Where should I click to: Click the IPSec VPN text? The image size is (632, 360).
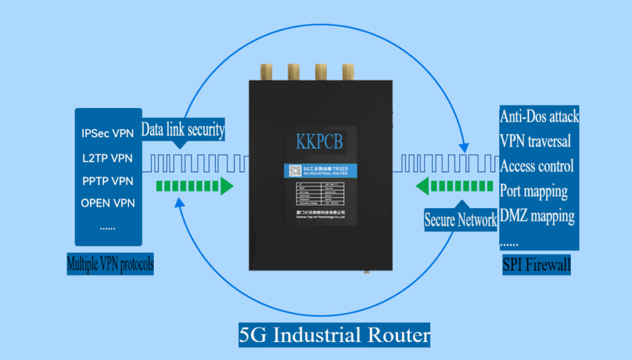(x=107, y=133)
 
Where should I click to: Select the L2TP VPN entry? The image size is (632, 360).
(x=107, y=158)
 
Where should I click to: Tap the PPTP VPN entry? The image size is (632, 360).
(x=107, y=181)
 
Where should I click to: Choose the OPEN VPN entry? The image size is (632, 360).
(x=107, y=203)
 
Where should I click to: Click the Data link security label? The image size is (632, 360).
(x=183, y=130)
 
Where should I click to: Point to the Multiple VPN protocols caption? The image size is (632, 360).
(x=110, y=264)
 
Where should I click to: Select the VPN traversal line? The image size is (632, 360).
(x=535, y=141)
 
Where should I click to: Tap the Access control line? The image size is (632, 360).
(x=536, y=165)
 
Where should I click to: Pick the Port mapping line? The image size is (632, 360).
(x=533, y=191)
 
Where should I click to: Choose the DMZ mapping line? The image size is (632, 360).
(x=537, y=216)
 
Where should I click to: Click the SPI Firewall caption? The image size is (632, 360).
(x=536, y=265)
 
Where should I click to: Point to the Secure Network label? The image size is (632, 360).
(x=460, y=219)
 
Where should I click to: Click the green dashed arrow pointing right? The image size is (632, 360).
(x=194, y=186)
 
